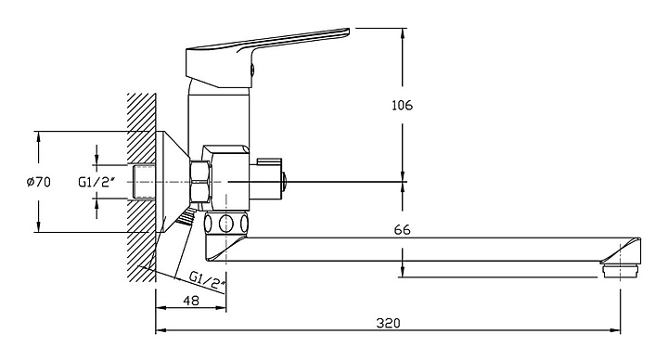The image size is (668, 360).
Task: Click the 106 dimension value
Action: click(402, 105)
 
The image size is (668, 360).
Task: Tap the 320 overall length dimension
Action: click(388, 324)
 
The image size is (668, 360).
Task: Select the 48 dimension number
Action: click(191, 301)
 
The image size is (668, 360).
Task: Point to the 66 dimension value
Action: click(402, 230)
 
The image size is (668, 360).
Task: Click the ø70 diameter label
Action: click(38, 183)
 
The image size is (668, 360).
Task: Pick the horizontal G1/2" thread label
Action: click(97, 183)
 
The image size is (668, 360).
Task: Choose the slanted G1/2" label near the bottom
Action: click(207, 281)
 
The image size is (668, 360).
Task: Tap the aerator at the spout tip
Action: click(621, 271)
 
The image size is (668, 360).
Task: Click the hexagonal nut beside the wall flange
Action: click(200, 182)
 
